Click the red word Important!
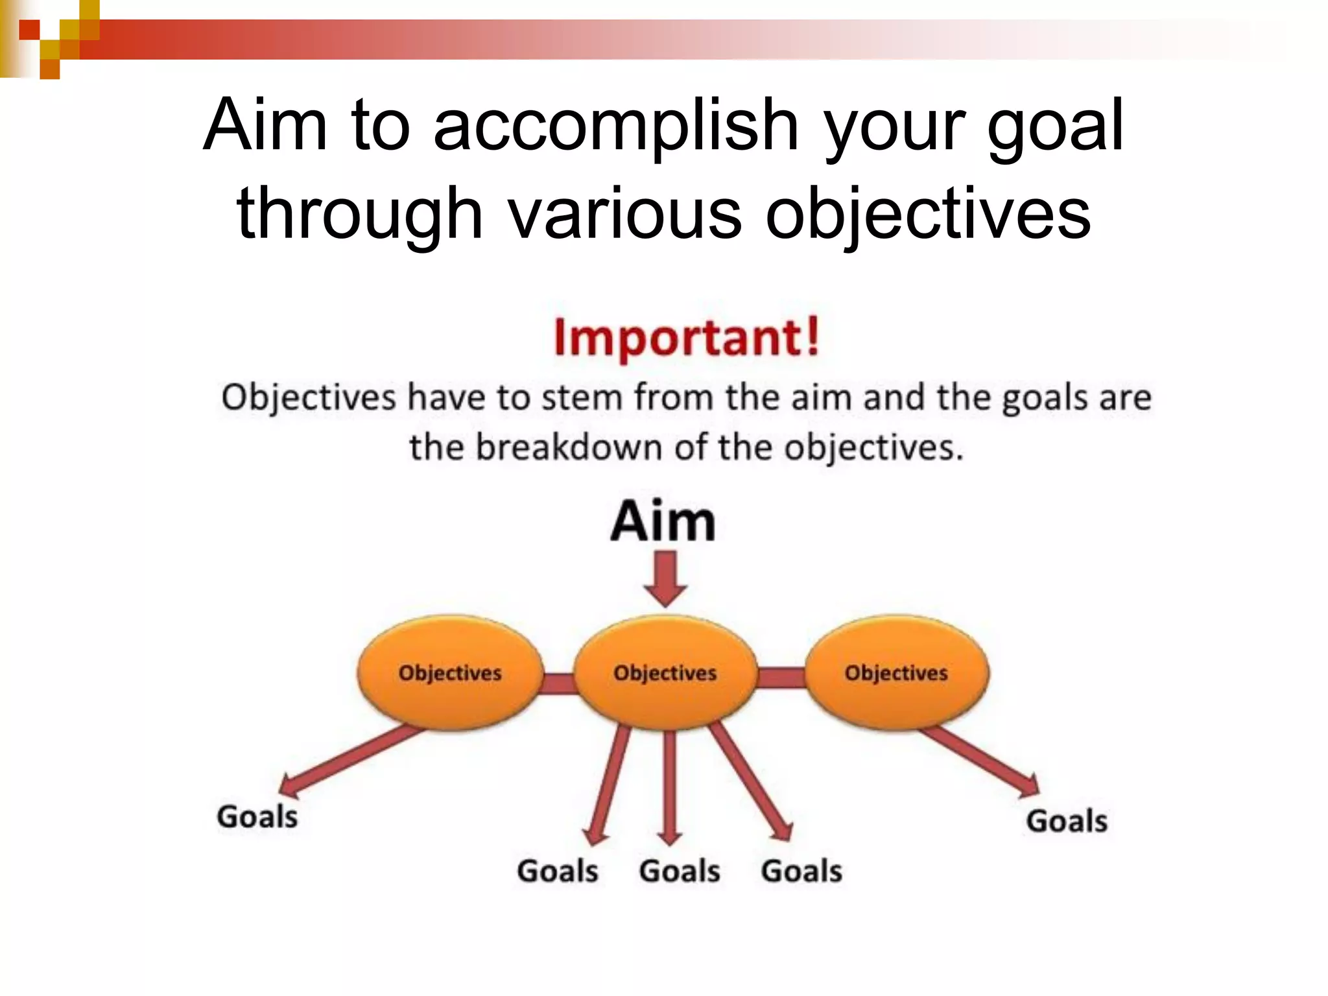(x=687, y=338)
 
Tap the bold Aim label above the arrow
(x=663, y=521)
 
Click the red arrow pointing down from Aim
(x=665, y=577)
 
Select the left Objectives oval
(x=450, y=672)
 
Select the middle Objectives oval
(x=665, y=672)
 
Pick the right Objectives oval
(x=896, y=672)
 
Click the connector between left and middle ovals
(x=559, y=683)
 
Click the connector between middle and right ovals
(x=781, y=678)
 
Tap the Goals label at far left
(x=257, y=817)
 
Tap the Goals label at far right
(x=1067, y=821)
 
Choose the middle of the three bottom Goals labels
(x=680, y=871)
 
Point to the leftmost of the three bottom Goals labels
(x=558, y=871)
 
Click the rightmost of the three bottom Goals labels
(x=801, y=871)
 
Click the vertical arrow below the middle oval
(x=670, y=785)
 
